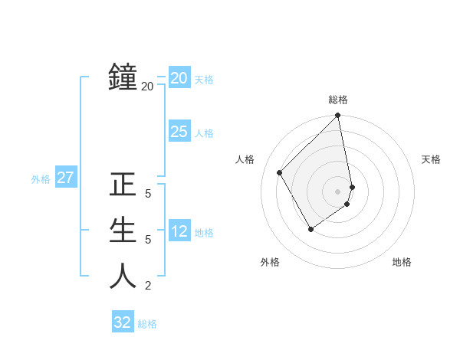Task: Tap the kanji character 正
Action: tap(123, 185)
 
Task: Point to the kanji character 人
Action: tap(123, 276)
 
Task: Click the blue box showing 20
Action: tap(179, 78)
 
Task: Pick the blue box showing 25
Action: tap(179, 132)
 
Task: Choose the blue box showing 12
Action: tap(179, 231)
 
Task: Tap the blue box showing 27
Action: tap(65, 178)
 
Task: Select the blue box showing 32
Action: tap(123, 322)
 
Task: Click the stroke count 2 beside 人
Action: tap(148, 286)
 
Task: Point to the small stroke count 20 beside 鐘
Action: tap(147, 87)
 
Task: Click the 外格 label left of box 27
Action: tap(41, 180)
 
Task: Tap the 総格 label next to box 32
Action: tap(147, 324)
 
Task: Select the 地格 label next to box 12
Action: tap(204, 233)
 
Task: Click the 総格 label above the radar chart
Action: tap(338, 100)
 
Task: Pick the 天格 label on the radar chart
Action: tap(432, 159)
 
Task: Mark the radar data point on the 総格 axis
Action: tap(338, 116)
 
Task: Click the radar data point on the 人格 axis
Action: tap(280, 172)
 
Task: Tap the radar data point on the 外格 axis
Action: tap(310, 228)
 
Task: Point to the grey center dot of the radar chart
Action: tap(338, 191)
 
